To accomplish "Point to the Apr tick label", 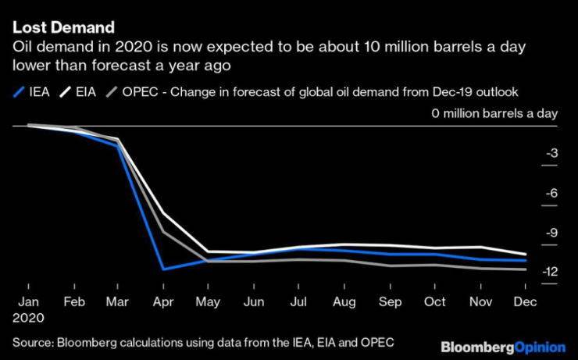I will click(162, 302).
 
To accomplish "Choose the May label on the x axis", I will click(208, 302).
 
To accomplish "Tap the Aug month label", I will click(344, 302).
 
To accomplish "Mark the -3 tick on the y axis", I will click(551, 154).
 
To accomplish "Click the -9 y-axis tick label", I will click(551, 233).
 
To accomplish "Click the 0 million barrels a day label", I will click(494, 114).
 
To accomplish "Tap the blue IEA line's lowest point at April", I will click(162, 269).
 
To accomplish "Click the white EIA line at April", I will click(162, 213).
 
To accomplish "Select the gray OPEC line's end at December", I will click(525, 269).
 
